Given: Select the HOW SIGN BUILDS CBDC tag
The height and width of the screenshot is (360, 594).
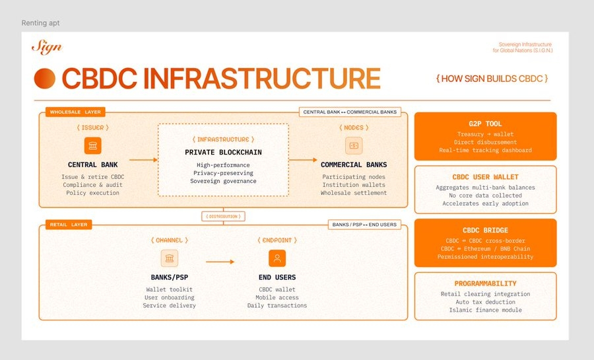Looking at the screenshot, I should point(492,79).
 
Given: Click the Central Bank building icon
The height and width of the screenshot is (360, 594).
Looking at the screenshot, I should point(93,146).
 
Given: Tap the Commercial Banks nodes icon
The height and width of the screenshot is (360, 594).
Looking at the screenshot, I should point(354,146).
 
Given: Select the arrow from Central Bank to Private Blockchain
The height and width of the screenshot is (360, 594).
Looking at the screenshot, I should point(143,159).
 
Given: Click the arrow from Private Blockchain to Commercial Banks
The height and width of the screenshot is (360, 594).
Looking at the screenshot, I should point(304,159).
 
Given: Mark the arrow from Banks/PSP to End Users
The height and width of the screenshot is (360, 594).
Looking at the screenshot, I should point(220,262).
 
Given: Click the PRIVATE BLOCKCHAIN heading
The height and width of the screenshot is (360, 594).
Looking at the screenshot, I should point(224,153).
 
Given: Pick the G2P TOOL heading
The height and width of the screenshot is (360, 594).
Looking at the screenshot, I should point(485,124).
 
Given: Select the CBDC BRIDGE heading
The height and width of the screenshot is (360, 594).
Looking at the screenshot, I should point(485,231).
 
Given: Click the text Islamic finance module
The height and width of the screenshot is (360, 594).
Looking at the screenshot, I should point(485,310).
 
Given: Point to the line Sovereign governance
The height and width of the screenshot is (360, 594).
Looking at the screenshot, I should point(224,181).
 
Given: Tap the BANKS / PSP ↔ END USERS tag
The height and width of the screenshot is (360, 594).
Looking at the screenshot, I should point(364,225).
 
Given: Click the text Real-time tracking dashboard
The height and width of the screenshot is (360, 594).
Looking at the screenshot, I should point(485,150).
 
